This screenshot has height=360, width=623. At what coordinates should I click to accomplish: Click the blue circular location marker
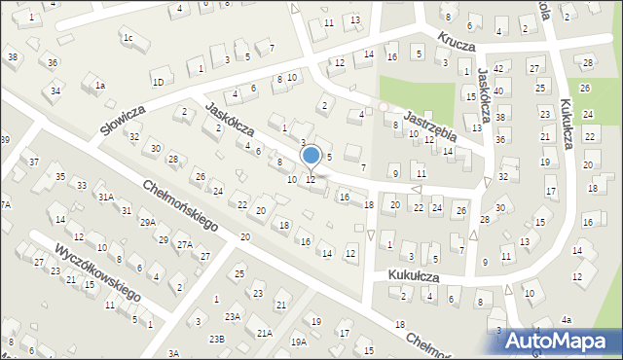pyautogui.click(x=311, y=156)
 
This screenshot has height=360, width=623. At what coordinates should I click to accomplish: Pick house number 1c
pyautogui.click(x=128, y=38)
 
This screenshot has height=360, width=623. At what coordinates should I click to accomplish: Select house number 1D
pyautogui.click(x=158, y=82)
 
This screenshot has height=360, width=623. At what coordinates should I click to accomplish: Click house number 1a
pyautogui.click(x=99, y=86)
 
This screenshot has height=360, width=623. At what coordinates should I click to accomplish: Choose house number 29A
pyautogui.click(x=147, y=223)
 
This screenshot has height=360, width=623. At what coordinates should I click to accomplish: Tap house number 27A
pyautogui.click(x=184, y=246)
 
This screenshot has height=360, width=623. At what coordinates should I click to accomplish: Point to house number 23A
pyautogui.click(x=233, y=316)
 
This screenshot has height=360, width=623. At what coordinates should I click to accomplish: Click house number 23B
pyautogui.click(x=216, y=339)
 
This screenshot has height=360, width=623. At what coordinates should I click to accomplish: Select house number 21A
pyautogui.click(x=264, y=333)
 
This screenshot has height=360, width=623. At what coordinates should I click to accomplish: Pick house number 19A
pyautogui.click(x=298, y=342)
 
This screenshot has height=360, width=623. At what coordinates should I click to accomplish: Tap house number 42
pyautogui.click(x=498, y=68)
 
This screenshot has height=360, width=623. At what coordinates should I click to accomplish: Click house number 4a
pyautogui.click(x=567, y=319)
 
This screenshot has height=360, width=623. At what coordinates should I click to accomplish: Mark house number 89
pyautogui.click(x=5, y=140)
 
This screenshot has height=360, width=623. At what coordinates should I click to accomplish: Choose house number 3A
pyautogui.click(x=173, y=352)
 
